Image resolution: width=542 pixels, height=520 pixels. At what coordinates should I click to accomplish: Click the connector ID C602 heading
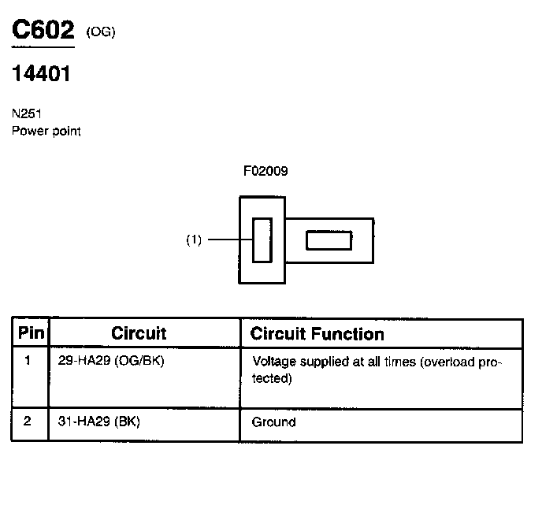(x=43, y=31)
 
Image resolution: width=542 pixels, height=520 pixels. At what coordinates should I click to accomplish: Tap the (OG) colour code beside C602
(x=101, y=33)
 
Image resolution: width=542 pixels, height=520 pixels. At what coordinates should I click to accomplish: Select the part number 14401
(x=42, y=74)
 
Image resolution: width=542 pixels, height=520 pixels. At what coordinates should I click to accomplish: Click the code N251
(x=27, y=113)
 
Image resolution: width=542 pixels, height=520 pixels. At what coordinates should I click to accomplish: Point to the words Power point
(x=46, y=131)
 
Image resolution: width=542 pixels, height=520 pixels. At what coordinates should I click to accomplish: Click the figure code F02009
(x=265, y=170)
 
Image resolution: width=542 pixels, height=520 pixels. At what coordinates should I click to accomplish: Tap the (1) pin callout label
(x=194, y=240)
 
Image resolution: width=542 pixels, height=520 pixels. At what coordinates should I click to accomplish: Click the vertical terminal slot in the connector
(x=262, y=240)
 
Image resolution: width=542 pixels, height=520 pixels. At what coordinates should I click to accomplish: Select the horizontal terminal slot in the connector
(x=329, y=240)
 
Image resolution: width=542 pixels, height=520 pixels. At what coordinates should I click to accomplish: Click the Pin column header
(x=31, y=333)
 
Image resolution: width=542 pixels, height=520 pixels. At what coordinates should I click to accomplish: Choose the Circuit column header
(x=139, y=333)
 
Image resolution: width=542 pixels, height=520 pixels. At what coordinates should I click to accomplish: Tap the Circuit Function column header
(x=317, y=333)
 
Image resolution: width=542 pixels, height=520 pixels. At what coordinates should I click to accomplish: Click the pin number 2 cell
(x=28, y=422)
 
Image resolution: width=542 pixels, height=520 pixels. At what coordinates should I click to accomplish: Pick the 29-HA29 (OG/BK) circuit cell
(x=111, y=362)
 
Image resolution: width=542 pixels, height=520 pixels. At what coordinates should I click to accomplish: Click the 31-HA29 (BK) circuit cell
(x=98, y=422)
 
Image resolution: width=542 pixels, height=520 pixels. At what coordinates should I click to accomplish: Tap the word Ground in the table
(x=273, y=422)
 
